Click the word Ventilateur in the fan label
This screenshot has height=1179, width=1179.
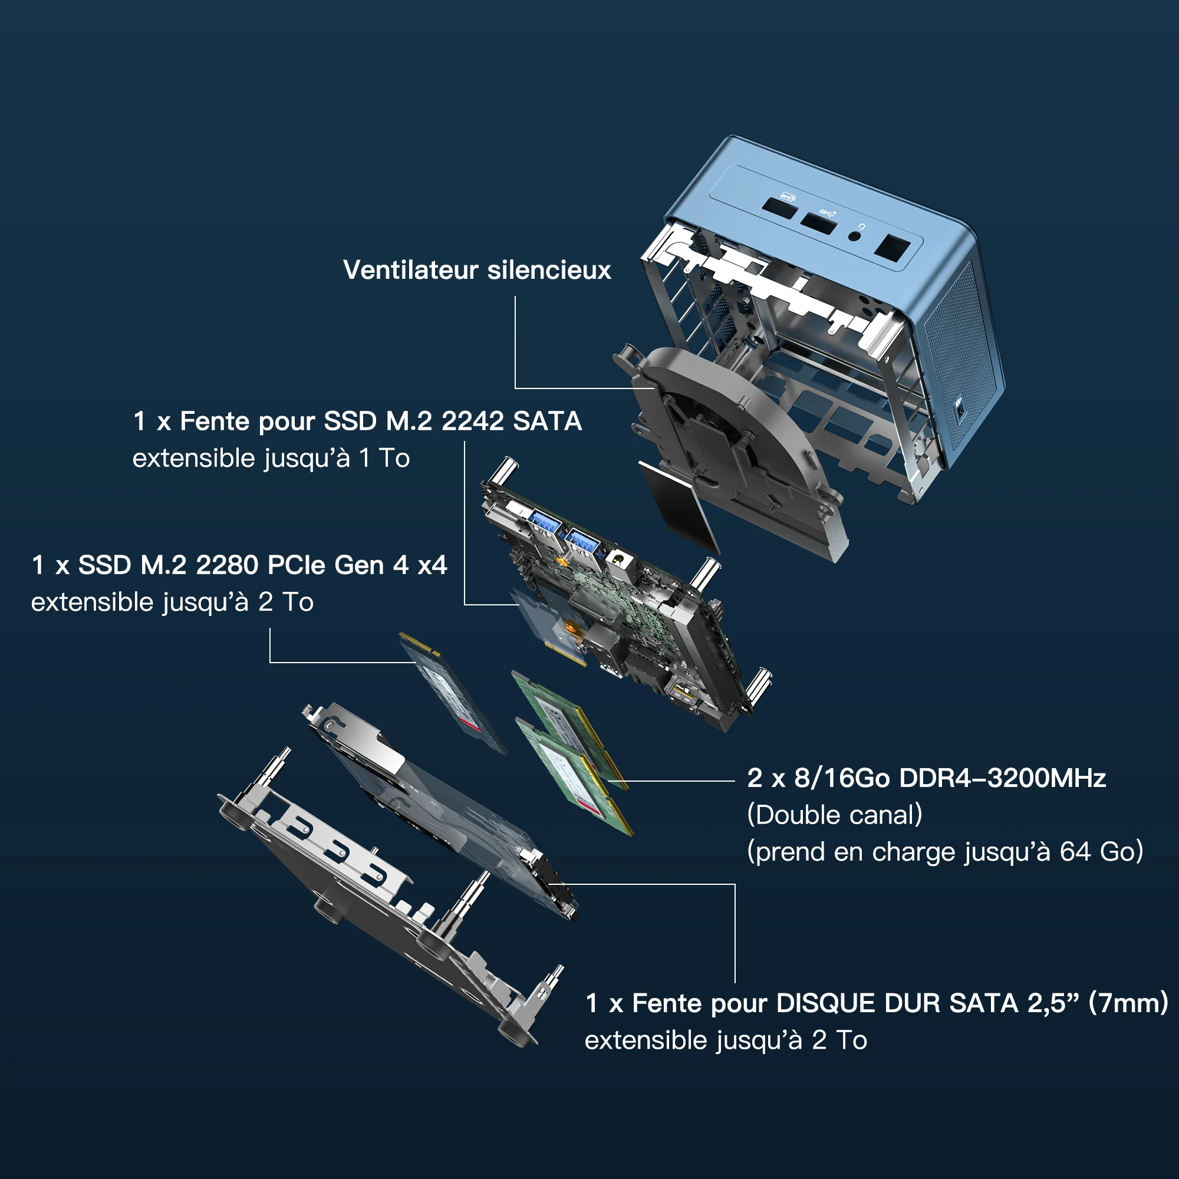point(411,271)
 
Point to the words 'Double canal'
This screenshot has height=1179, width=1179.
point(834,815)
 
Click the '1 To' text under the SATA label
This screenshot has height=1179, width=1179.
point(384,458)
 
